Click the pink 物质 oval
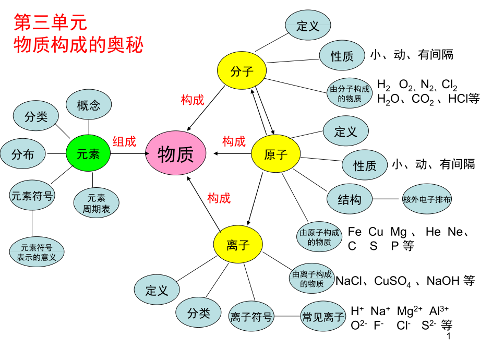tap(176, 154)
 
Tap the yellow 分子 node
tap(242, 71)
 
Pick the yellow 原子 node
tap(276, 154)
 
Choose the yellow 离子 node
tap(238, 245)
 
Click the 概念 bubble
tap(89, 106)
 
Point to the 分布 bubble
tap(23, 154)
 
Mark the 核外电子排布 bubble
tap(427, 199)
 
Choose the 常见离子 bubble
tap(323, 316)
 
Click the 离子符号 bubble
tap(251, 316)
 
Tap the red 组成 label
tap(124, 141)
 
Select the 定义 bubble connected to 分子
tap(308, 26)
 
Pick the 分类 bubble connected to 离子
tap(198, 313)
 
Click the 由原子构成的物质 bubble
tap(319, 237)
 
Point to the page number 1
tap(449, 338)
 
